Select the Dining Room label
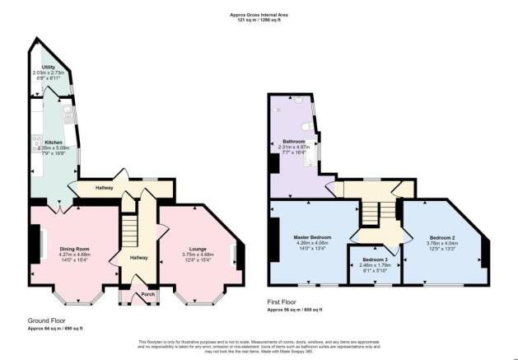click(74, 248)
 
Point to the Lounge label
click(197, 248)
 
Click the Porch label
click(148, 294)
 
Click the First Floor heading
click(286, 302)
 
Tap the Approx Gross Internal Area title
click(259, 14)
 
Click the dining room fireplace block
click(35, 243)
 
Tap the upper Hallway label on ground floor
click(104, 188)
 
